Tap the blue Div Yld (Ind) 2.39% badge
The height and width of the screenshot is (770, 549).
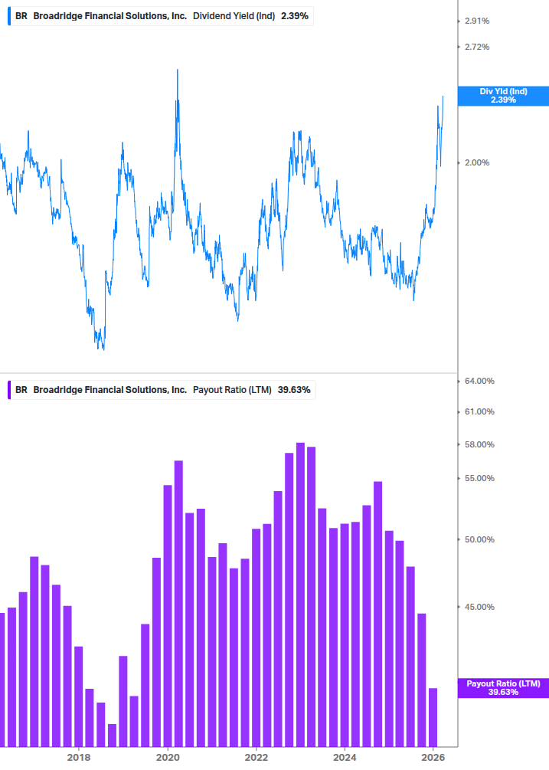tap(503, 96)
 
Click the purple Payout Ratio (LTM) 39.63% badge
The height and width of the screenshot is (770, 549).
tap(503, 687)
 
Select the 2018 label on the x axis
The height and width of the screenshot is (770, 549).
tap(78, 757)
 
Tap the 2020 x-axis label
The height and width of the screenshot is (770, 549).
tap(168, 757)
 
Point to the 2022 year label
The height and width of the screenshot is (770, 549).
tap(257, 757)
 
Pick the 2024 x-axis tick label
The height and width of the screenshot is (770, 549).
tap(345, 757)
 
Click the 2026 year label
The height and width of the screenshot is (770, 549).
tap(433, 757)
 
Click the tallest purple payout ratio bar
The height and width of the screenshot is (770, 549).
tap(300, 594)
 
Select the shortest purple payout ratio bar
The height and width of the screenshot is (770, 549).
tap(112, 735)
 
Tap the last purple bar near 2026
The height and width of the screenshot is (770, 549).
tap(433, 716)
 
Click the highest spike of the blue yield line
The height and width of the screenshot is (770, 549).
tap(178, 70)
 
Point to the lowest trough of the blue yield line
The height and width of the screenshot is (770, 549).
tap(102, 349)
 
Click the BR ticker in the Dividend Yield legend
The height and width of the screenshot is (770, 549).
tap(21, 16)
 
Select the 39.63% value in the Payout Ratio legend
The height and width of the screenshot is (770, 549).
tap(294, 390)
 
